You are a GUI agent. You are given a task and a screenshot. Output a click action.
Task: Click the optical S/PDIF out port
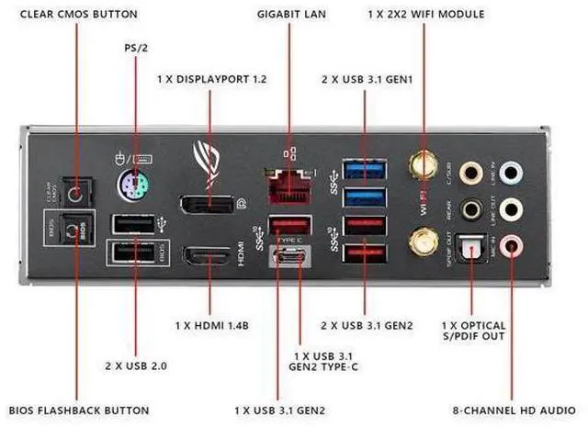pos(472,246)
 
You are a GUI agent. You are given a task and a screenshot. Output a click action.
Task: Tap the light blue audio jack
pos(514,172)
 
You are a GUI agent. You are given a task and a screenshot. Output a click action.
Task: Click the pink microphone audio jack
pos(514,244)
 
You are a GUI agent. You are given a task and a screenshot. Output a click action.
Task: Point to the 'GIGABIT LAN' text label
pos(291,15)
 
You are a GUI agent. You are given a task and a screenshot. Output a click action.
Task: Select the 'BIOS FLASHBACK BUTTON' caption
pos(71,409)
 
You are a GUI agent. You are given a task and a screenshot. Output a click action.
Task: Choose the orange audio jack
pos(471,172)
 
